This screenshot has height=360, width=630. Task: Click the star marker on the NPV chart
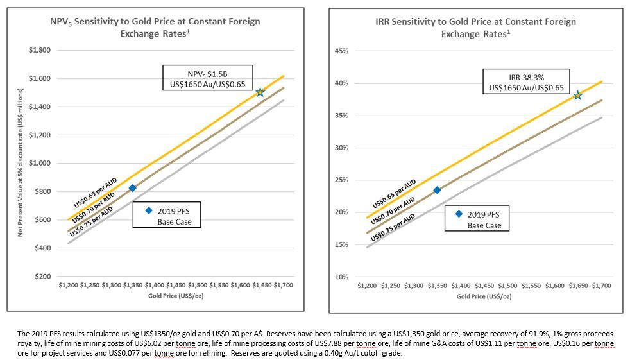click(x=260, y=92)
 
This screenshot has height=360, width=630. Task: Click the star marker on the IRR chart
click(x=577, y=95)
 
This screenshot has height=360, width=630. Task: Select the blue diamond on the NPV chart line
click(x=133, y=188)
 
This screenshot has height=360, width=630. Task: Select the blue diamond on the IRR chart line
click(x=437, y=190)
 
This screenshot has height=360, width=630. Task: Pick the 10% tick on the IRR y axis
click(x=342, y=277)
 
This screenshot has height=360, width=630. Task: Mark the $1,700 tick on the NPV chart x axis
click(x=283, y=284)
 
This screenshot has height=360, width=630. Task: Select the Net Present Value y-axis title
click(x=21, y=163)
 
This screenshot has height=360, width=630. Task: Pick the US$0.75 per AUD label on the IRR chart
click(x=393, y=227)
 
